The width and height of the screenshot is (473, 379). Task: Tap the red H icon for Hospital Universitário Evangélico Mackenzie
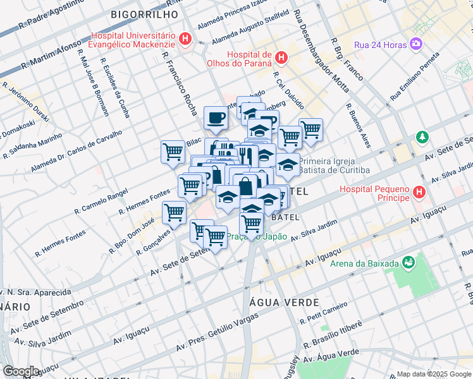click(x=185, y=39)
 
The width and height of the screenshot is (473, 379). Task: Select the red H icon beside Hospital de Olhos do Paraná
click(x=281, y=57)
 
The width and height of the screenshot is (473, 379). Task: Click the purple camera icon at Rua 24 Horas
click(x=416, y=44)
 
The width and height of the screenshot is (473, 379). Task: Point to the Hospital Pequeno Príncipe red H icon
click(x=417, y=191)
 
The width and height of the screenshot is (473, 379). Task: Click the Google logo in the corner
click(x=21, y=371)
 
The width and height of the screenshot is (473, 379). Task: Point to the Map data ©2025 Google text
click(x=433, y=374)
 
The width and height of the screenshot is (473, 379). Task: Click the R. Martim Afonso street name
click(x=52, y=54)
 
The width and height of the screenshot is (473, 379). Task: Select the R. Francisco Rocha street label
click(x=180, y=82)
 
